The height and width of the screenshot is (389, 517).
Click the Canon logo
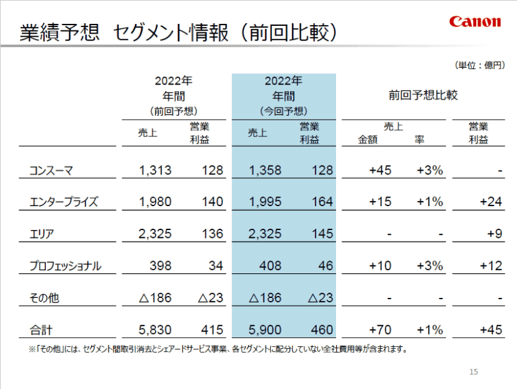[x=475, y=21]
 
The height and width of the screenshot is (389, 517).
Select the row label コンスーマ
[x=52, y=171]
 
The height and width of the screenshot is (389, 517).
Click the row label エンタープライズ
[x=63, y=202]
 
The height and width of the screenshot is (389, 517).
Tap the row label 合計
[x=41, y=330]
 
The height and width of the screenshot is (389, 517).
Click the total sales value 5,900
[x=265, y=330]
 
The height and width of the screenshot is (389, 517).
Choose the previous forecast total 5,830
[x=155, y=330]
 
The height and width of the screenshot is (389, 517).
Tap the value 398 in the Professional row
[x=160, y=266]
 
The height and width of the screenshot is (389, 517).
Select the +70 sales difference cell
[x=380, y=330]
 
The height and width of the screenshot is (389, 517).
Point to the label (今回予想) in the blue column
[x=284, y=111]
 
